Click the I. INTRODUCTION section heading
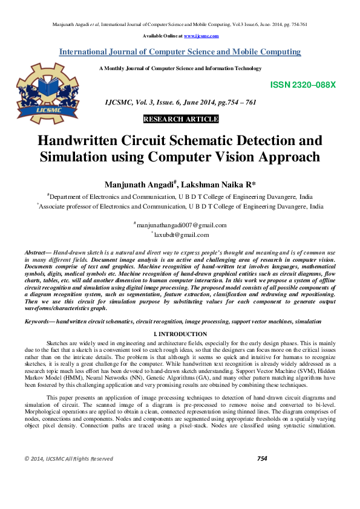(x=180, y=334)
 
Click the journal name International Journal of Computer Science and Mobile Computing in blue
(x=180, y=52)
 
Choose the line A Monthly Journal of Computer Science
(x=180, y=68)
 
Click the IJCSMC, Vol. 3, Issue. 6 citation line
(x=180, y=103)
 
